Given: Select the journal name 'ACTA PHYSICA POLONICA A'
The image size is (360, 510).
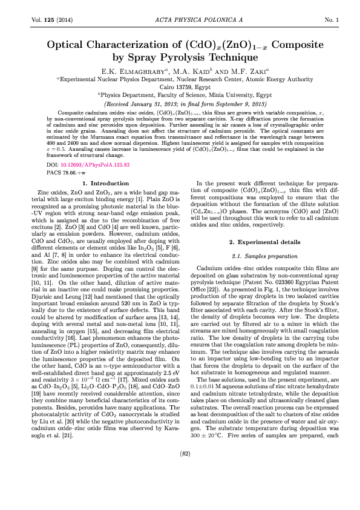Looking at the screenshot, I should (180, 21).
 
